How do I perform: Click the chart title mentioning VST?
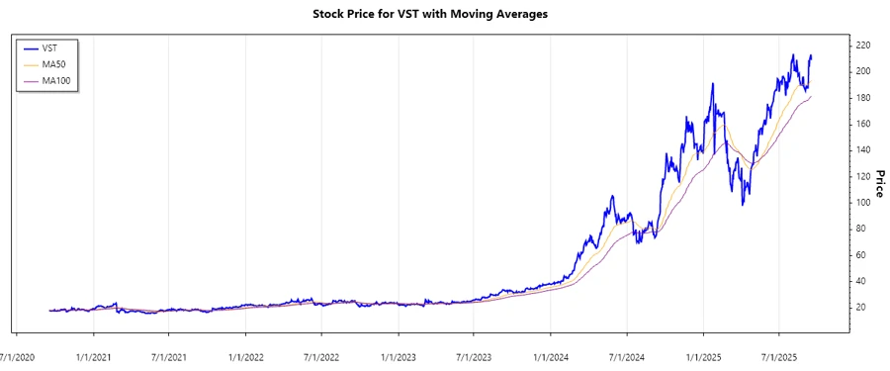444,14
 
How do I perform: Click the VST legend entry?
49,47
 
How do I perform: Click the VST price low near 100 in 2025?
743,204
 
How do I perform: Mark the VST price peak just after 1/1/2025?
712,84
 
